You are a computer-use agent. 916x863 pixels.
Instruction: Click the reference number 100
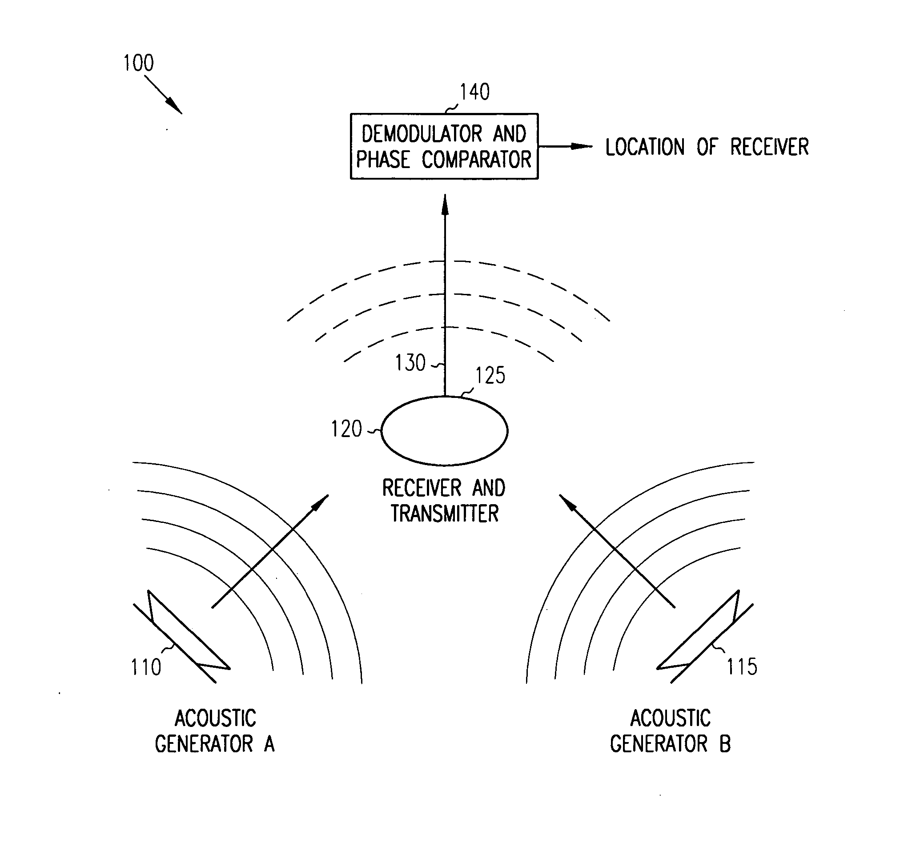click(x=138, y=63)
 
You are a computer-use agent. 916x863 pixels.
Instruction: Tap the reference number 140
click(x=474, y=92)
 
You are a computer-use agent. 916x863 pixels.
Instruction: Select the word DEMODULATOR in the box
click(x=422, y=134)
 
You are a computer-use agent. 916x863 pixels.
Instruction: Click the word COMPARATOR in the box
click(x=476, y=160)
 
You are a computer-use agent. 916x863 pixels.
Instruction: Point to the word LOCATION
click(x=645, y=148)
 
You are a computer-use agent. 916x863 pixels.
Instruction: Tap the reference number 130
click(x=410, y=363)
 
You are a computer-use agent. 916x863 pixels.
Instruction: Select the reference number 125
click(x=490, y=376)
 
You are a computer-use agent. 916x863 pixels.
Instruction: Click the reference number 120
click(x=346, y=429)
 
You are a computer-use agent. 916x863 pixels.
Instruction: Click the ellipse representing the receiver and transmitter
click(x=444, y=431)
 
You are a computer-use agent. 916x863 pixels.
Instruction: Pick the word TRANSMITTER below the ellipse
click(x=445, y=514)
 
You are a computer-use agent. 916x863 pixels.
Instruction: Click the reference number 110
click(x=146, y=668)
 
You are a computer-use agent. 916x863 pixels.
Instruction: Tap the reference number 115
click(x=742, y=667)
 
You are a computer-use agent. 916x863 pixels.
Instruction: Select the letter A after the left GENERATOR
click(x=269, y=744)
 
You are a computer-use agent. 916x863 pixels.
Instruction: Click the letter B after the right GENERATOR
click(x=725, y=744)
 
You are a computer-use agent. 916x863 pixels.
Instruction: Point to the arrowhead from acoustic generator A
click(x=321, y=503)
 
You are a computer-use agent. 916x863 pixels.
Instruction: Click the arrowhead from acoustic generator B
click(x=568, y=503)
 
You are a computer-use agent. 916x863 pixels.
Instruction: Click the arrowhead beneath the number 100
click(x=175, y=106)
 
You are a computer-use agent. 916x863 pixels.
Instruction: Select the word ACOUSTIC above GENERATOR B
click(x=671, y=718)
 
